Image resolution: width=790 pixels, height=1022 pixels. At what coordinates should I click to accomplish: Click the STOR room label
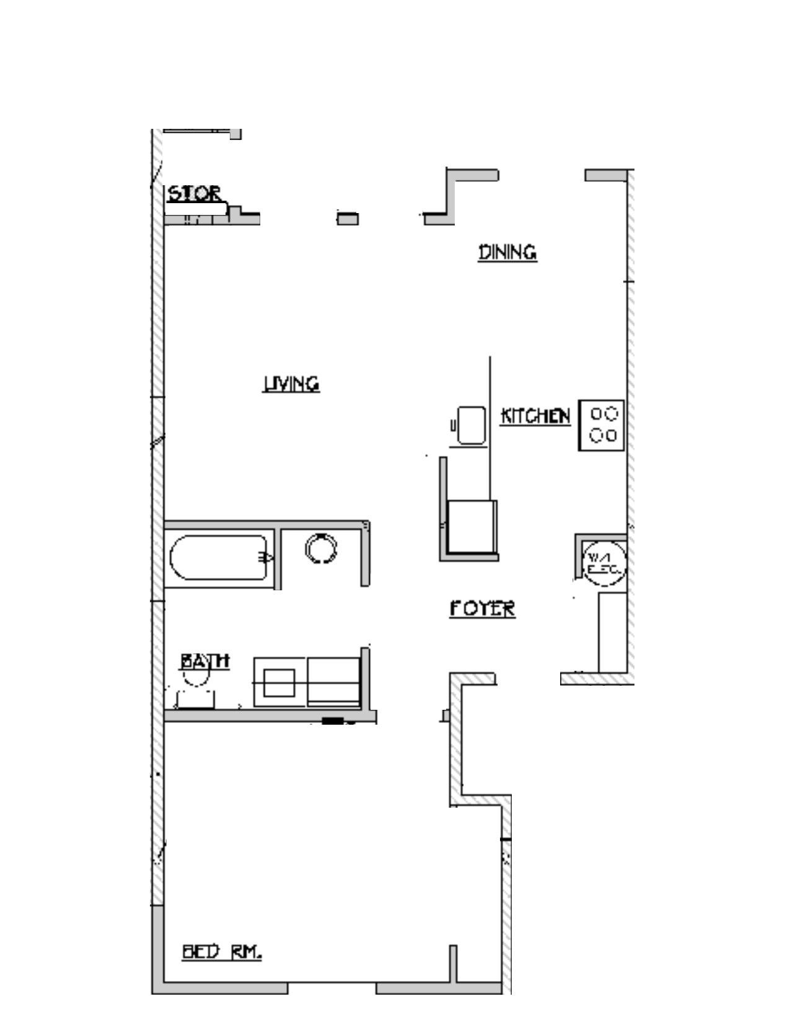(194, 194)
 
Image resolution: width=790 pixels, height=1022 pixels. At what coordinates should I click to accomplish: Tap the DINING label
(507, 253)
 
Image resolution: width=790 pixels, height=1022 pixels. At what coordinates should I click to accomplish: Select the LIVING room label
(291, 384)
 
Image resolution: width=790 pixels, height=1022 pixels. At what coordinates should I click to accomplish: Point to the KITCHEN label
(535, 416)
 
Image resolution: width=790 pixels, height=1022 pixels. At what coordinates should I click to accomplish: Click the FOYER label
(482, 609)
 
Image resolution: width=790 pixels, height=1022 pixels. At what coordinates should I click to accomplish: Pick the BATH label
(205, 662)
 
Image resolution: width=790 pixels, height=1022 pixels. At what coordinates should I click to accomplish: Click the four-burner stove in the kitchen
(601, 425)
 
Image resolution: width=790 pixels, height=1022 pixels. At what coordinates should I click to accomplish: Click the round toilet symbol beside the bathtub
(322, 549)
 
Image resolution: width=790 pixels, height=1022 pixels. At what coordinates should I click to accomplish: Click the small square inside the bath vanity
(279, 683)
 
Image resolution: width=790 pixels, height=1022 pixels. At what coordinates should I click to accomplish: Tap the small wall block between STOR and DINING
(348, 219)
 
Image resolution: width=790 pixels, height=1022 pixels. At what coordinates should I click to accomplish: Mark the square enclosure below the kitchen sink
(472, 526)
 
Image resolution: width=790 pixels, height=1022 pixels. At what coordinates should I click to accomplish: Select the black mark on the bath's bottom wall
(333, 720)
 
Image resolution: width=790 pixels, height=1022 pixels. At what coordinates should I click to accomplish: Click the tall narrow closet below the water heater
(612, 632)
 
